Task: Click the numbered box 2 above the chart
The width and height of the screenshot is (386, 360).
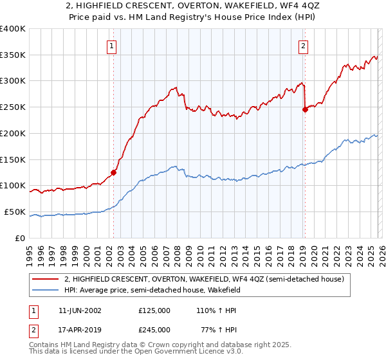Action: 303,46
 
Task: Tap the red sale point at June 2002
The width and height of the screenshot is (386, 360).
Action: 114,172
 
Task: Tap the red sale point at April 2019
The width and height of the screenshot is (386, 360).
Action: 305,109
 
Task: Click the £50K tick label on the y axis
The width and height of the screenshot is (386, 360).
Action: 15,212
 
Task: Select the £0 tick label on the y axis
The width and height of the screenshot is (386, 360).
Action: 21,238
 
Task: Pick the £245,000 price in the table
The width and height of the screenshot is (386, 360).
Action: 154,329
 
